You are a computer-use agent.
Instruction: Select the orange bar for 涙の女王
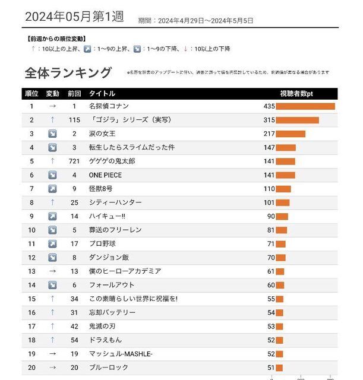click(x=291, y=134)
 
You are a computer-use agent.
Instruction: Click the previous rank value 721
click(x=74, y=161)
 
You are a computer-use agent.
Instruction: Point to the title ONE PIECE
click(x=104, y=175)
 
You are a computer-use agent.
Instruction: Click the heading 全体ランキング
click(x=68, y=72)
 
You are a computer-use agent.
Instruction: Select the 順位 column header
click(x=31, y=93)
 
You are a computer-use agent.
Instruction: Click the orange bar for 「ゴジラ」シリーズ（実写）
click(x=297, y=120)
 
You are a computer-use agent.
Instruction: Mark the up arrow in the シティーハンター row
click(x=52, y=202)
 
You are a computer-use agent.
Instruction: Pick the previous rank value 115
click(x=74, y=120)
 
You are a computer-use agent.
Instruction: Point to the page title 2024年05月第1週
click(x=74, y=17)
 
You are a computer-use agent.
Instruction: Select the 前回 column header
click(x=74, y=93)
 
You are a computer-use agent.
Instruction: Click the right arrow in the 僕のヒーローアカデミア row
click(x=52, y=271)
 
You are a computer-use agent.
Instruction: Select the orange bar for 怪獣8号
click(x=283, y=189)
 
